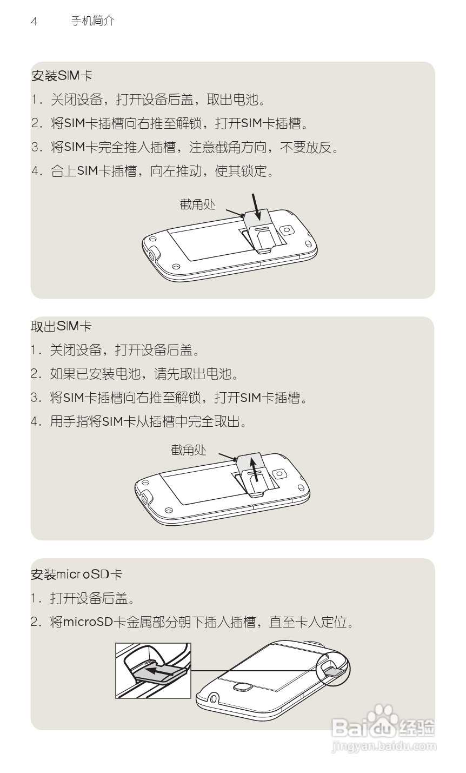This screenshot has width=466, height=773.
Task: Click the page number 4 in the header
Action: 34,22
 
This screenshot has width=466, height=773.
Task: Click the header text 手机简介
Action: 92,21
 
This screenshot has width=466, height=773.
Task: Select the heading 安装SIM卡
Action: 62,76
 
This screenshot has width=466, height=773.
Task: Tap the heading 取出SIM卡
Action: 61,326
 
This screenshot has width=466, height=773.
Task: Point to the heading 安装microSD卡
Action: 76,574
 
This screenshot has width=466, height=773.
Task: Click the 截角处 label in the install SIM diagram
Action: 197,204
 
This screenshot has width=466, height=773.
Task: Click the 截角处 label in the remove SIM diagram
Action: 189,450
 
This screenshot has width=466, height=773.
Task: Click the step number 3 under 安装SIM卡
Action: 36,147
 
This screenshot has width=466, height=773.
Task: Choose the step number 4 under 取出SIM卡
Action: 36,421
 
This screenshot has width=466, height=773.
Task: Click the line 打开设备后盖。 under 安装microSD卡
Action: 92,598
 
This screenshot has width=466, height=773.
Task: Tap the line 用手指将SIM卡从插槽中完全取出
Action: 149,421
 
